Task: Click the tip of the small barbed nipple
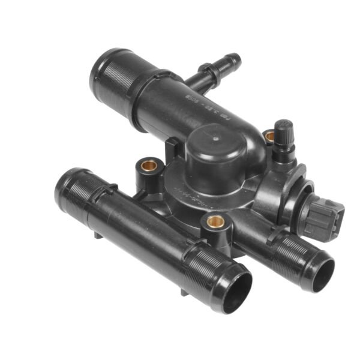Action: (236, 58)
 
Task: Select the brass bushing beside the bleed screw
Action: (269, 136)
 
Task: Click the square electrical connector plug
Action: (325, 218)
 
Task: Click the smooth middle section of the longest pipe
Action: (144, 228)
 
